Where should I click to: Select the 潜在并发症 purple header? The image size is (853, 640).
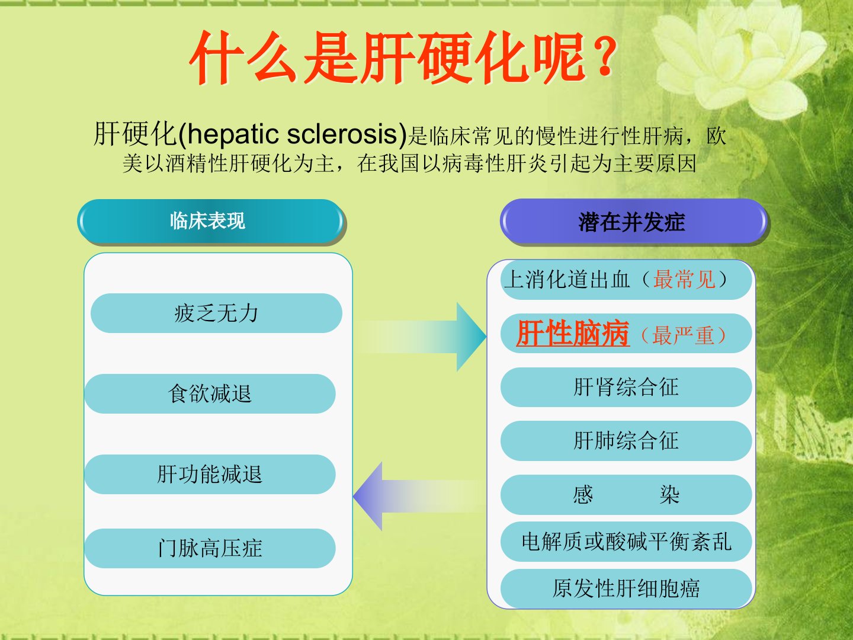[633, 222]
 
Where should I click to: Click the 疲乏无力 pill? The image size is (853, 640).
[216, 313]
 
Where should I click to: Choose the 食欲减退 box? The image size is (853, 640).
[210, 393]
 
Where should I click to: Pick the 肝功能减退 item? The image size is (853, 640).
[210, 475]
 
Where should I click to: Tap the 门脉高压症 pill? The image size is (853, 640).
[210, 548]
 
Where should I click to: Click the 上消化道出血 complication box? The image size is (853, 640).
[626, 280]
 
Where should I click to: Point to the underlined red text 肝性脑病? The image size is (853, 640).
[573, 334]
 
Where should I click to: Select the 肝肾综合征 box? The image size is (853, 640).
[626, 387]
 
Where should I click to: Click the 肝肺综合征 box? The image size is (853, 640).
[626, 441]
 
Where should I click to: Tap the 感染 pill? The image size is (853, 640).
[626, 495]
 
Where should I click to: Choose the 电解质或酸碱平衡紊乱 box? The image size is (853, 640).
[626, 541]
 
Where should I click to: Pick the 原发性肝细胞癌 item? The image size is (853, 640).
[626, 588]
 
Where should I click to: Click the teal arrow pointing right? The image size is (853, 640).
[422, 337]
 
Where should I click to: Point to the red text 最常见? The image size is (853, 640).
[684, 279]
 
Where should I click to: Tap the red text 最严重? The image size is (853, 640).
[683, 335]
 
